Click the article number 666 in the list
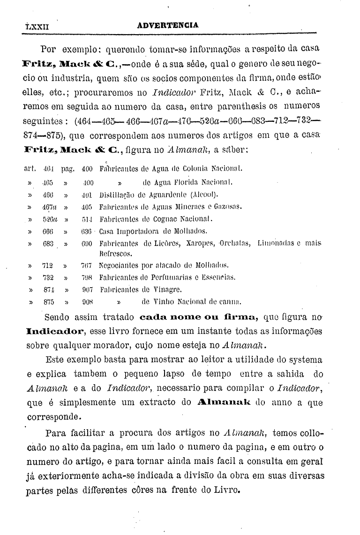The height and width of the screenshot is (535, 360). [48, 231]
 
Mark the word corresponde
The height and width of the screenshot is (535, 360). [52, 415]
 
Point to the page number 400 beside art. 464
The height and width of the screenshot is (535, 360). [88, 168]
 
